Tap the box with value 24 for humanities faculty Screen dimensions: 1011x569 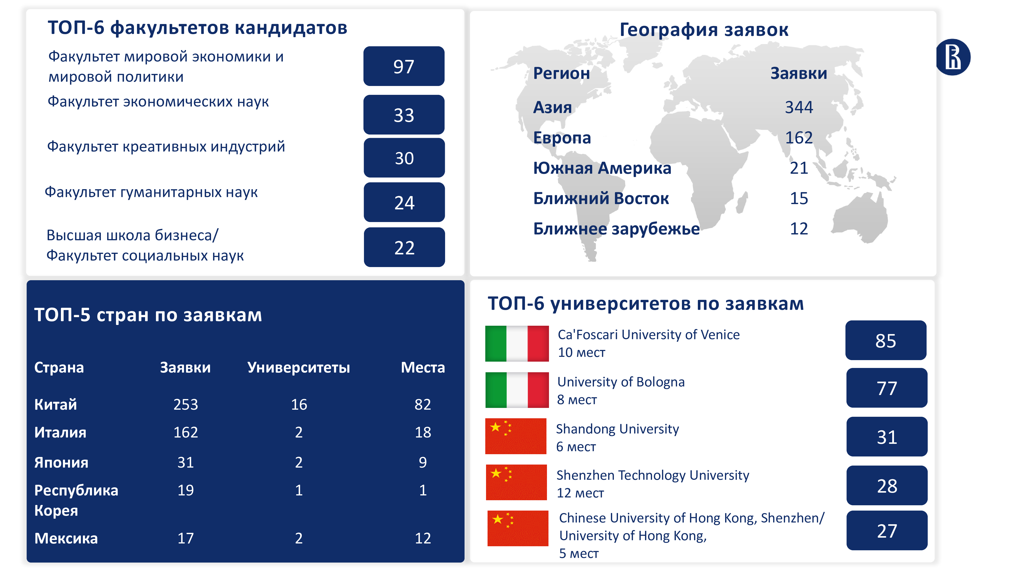[404, 202]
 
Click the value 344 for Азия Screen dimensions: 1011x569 [799, 107]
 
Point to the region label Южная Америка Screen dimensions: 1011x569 [602, 168]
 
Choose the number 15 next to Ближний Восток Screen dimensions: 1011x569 [799, 198]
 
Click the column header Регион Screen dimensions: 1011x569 [561, 73]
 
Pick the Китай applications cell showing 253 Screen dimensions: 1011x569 [186, 404]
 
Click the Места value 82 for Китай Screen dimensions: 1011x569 [423, 404]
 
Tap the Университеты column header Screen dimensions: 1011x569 [299, 367]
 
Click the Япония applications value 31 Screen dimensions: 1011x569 [186, 463]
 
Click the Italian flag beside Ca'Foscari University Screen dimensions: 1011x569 [517, 344]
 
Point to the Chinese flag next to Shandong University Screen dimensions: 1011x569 [516, 436]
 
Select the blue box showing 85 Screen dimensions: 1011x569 [886, 340]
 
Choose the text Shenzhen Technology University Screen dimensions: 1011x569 [653, 475]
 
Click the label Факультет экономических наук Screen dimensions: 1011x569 [158, 102]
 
